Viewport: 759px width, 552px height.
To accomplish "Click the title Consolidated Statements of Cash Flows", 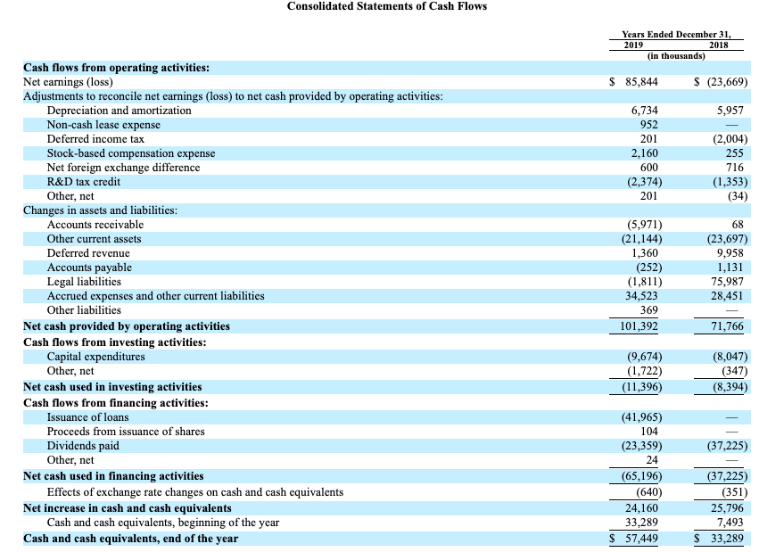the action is coord(387,6).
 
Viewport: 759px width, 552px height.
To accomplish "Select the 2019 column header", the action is coord(633,45).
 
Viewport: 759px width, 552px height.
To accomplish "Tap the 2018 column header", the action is coord(718,45).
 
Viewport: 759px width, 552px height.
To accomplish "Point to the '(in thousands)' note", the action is coord(676,56).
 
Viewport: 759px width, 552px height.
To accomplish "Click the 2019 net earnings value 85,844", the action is coord(641,82).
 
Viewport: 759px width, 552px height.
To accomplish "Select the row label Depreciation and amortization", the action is coord(120,111).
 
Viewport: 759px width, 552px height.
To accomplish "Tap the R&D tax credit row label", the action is coord(83,182).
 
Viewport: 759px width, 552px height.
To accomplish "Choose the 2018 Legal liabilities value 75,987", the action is coord(727,282).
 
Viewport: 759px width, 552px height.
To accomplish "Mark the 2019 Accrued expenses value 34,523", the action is coord(641,295).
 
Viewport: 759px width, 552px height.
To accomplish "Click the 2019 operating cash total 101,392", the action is coord(639,326).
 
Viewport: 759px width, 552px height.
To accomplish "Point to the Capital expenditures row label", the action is coord(95,357).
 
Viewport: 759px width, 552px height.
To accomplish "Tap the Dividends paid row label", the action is coord(83,446).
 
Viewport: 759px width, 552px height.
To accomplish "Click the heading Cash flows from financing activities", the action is coord(116,403).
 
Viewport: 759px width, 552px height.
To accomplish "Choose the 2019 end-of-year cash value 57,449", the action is coord(641,539).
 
